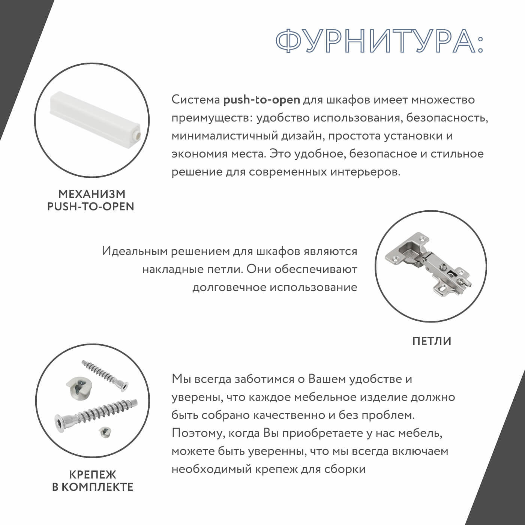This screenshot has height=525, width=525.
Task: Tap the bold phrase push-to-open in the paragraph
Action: (x=261, y=100)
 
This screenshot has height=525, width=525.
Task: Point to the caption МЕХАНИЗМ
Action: (x=91, y=194)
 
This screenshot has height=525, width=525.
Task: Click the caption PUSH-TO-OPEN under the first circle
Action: (x=90, y=207)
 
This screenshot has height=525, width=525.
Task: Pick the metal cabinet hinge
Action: (x=430, y=264)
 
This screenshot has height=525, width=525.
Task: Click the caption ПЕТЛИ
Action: (x=432, y=341)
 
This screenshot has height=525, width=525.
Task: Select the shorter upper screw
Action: (x=105, y=375)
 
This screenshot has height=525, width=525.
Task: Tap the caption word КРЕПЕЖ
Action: (x=92, y=475)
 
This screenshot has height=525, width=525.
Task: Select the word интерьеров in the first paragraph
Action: (x=365, y=172)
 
